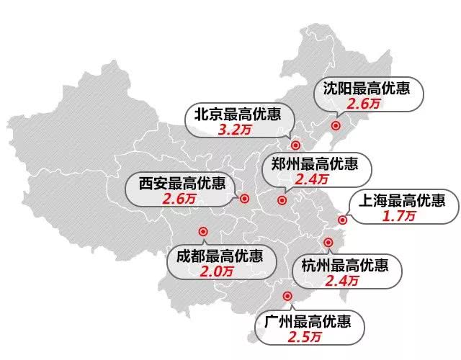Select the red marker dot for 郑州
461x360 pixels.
[x=282, y=199]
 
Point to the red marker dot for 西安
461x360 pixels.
[x=244, y=199]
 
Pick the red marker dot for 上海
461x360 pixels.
[x=342, y=221]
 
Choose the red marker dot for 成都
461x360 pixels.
[x=202, y=232]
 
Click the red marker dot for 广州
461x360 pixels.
[x=287, y=295]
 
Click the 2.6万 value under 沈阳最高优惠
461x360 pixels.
[x=364, y=105]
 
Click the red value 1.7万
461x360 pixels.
[x=400, y=215]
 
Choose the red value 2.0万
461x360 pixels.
[x=217, y=271]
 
